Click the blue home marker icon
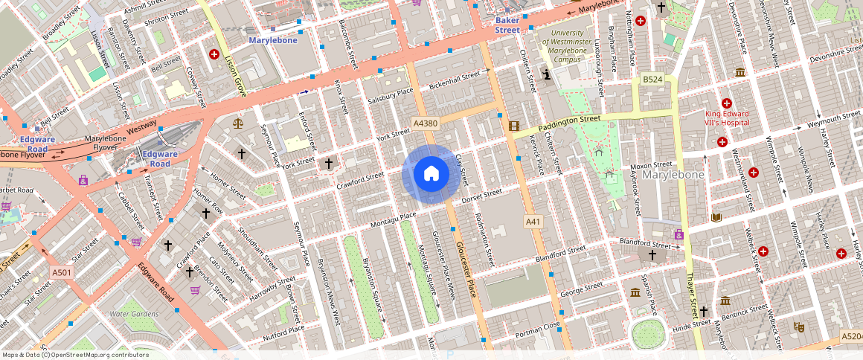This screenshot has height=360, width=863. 431,174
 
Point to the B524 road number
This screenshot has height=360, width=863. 652,79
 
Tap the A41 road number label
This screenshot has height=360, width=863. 533,222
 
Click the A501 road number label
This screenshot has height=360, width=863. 62,273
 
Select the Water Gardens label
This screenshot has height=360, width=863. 134,314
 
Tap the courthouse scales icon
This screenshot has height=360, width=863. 238,123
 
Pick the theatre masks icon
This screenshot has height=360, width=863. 798,326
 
